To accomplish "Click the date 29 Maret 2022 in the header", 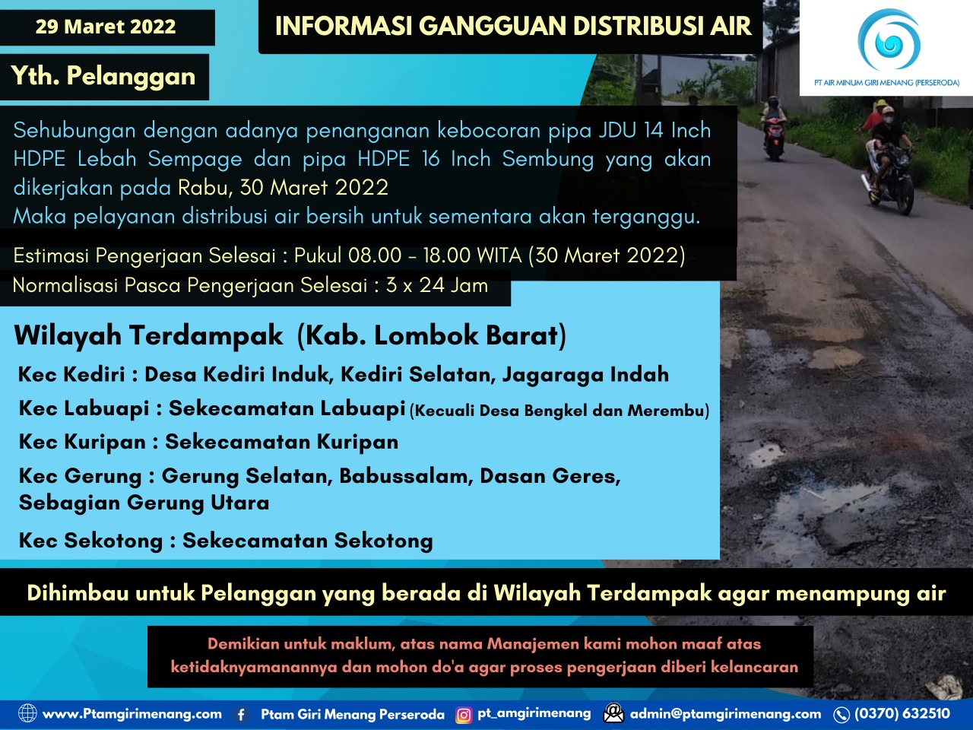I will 106,27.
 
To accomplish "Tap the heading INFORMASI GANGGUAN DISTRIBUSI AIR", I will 513,27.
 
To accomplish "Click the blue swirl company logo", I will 887,41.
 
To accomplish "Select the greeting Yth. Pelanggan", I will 103,76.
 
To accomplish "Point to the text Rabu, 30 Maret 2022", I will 284,187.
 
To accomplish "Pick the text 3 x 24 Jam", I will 437,286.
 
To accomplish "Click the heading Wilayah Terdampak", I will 148,335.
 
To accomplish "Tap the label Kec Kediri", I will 71,374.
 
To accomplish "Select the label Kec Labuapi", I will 84,408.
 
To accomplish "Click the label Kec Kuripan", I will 82,442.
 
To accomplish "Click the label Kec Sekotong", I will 90,541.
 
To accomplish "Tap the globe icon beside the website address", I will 27,713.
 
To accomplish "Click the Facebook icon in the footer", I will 241,714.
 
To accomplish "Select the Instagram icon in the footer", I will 463,715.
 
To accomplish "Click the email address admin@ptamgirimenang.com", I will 725,714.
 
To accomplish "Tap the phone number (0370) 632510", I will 902,714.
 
